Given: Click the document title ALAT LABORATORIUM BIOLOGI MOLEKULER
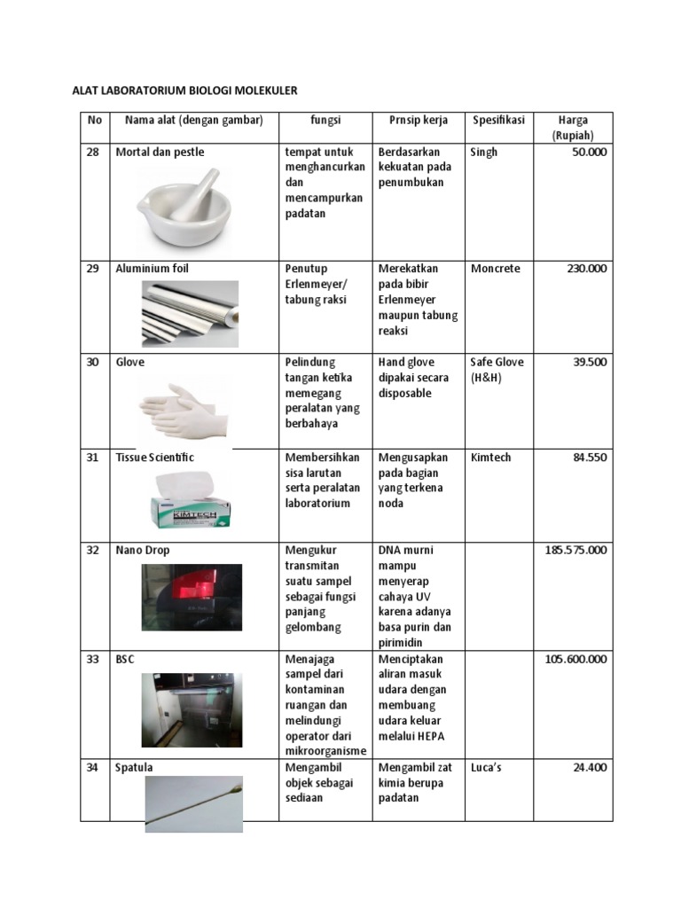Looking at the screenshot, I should (184, 90).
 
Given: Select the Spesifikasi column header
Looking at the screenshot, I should (498, 121).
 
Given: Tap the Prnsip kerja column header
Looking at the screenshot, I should (419, 121).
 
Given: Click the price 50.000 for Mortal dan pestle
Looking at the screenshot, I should (588, 153).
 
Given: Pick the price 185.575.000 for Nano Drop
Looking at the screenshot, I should (575, 551).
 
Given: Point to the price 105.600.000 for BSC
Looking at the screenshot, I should (575, 660).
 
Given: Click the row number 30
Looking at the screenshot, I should (92, 363).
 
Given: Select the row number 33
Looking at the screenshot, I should (92, 660).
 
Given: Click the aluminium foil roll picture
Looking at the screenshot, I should (190, 313).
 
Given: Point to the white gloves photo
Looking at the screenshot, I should (184, 411).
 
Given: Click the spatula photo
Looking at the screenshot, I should (193, 803).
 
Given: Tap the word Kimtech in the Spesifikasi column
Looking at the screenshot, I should (490, 458).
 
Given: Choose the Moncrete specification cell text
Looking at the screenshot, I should (496, 269).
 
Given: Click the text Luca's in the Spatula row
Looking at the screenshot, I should (486, 768).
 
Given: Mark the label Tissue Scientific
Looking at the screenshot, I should (155, 458).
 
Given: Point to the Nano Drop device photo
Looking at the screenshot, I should (192, 597).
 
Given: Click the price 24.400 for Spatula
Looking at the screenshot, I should (590, 768).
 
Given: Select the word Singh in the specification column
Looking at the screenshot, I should (484, 153).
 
